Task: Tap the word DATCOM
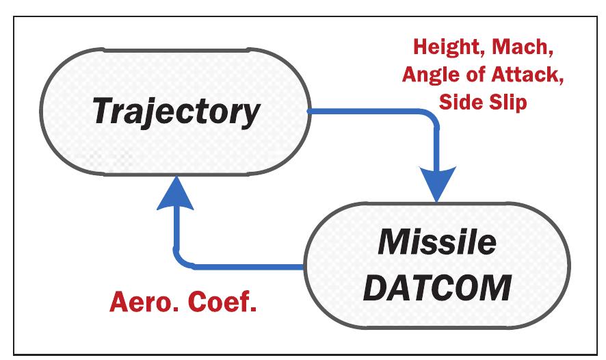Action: coord(437,287)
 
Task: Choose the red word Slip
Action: coord(512,101)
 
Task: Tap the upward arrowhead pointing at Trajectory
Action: coord(176,192)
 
